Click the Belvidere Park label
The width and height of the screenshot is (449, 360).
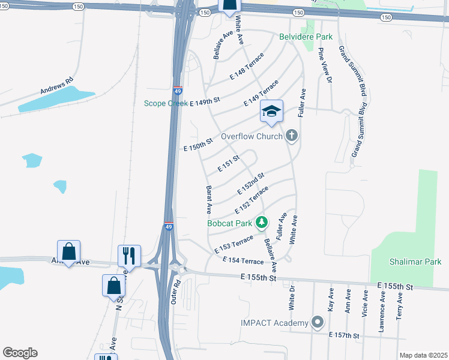click(x=306, y=37)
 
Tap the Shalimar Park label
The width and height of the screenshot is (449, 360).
click(x=415, y=262)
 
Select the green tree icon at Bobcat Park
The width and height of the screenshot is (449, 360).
click(x=261, y=223)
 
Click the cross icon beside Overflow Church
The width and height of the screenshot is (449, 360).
click(x=292, y=136)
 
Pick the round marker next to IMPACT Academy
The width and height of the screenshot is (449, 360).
click(x=318, y=322)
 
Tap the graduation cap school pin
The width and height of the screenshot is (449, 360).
click(x=271, y=112)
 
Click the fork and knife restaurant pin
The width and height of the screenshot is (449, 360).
click(x=129, y=256)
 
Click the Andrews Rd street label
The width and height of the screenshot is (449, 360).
click(x=56, y=87)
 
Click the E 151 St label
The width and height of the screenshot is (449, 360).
click(x=229, y=163)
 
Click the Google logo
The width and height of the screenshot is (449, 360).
click(x=20, y=353)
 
